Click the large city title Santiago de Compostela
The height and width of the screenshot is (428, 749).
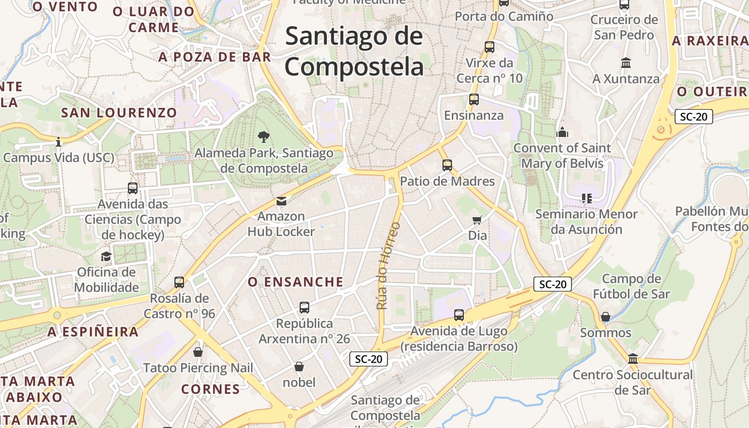(x=354, y=52)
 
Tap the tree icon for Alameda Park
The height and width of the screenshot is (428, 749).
(x=263, y=137)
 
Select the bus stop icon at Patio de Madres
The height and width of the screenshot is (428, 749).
(x=447, y=165)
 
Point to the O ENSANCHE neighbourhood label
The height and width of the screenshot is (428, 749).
(x=295, y=282)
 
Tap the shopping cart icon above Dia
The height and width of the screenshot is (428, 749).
(x=477, y=220)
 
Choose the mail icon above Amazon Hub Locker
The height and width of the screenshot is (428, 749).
(x=281, y=201)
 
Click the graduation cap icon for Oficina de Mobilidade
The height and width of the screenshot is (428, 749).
(x=106, y=256)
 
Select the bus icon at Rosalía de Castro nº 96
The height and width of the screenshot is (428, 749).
(x=179, y=282)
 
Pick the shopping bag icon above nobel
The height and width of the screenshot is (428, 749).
(x=299, y=366)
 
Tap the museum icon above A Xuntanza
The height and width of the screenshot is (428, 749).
(x=625, y=63)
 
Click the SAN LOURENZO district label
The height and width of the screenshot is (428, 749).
(x=119, y=113)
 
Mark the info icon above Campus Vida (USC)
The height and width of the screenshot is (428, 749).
(x=58, y=142)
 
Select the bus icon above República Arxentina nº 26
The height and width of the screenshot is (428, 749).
(x=304, y=308)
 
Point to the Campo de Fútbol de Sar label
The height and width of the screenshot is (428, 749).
(x=631, y=286)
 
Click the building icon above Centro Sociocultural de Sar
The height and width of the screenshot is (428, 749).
(x=633, y=358)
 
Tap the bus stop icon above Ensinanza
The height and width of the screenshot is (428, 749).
(x=473, y=100)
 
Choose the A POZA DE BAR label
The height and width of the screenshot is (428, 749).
(x=215, y=57)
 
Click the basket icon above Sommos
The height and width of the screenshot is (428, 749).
(x=606, y=317)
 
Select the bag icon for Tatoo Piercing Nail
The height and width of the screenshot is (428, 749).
(x=198, y=351)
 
